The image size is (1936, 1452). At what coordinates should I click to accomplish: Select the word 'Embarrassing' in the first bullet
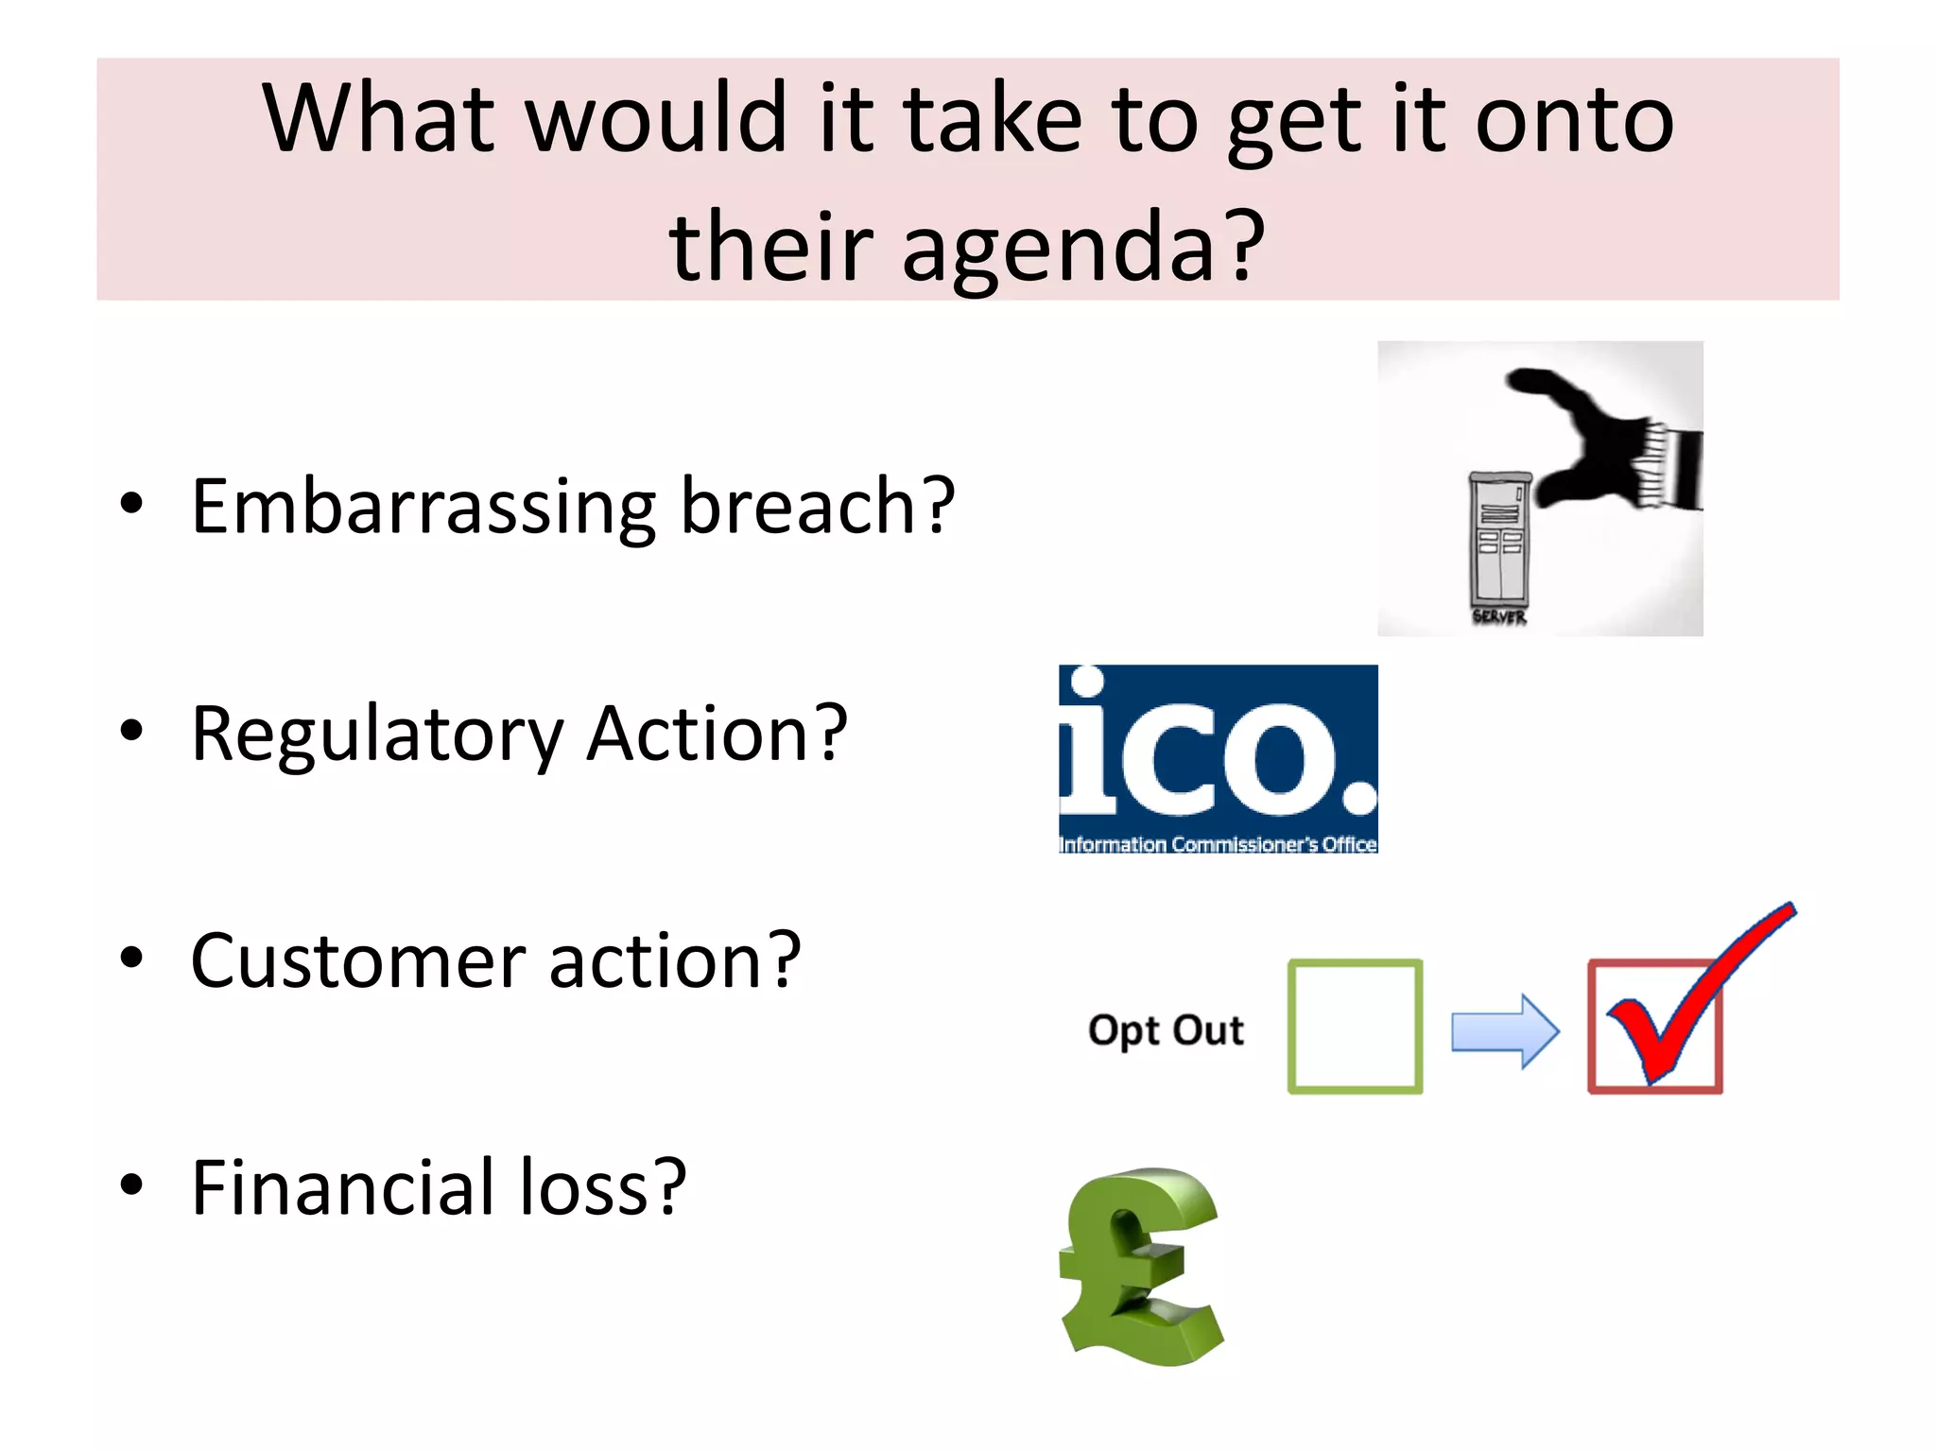pos(423,508)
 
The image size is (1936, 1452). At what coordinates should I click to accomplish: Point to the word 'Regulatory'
pos(377,735)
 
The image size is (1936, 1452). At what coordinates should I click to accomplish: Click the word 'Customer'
pos(356,961)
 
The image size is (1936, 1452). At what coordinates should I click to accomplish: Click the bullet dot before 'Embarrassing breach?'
pos(131,504)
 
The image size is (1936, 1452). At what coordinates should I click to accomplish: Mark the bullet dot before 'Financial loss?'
pos(131,1184)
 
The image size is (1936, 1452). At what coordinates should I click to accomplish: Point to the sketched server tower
pos(1498,539)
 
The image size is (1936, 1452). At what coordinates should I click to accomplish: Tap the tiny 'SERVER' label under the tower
pos(1499,617)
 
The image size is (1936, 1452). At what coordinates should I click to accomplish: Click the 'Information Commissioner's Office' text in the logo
pos(1218,844)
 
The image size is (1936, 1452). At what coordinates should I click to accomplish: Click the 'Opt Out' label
pos(1166,1029)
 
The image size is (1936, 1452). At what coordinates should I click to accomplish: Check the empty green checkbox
pos(1355,1027)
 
